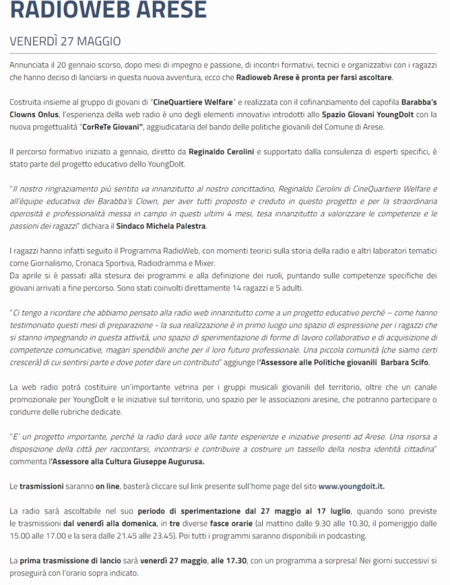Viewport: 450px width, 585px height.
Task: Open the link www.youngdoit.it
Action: [351, 485]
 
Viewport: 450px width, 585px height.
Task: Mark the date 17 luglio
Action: [332, 511]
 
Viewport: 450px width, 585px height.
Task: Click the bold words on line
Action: [108, 485]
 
